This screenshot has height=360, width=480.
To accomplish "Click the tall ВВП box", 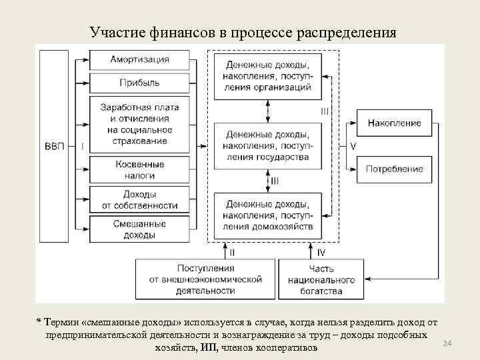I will click(x=55, y=146).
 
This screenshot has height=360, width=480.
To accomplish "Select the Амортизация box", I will click(x=139, y=59).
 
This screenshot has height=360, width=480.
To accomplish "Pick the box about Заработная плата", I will click(x=139, y=124).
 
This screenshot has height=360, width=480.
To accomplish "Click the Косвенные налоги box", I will click(x=139, y=169).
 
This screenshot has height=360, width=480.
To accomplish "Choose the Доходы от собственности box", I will click(x=139, y=199).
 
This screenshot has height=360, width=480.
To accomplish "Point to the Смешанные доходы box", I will click(x=139, y=229).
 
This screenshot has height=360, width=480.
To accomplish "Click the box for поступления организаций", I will click(x=267, y=76).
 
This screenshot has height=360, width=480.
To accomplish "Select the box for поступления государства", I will click(x=267, y=145).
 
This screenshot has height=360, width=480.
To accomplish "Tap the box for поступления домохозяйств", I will click(x=267, y=215).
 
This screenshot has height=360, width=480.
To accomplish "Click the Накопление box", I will click(x=394, y=123).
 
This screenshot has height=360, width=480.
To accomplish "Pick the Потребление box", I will click(x=394, y=169).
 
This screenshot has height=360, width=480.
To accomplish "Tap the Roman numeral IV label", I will click(x=321, y=253).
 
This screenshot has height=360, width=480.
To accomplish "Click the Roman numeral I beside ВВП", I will click(x=82, y=146).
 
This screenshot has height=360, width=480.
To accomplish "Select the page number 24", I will click(x=447, y=343).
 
